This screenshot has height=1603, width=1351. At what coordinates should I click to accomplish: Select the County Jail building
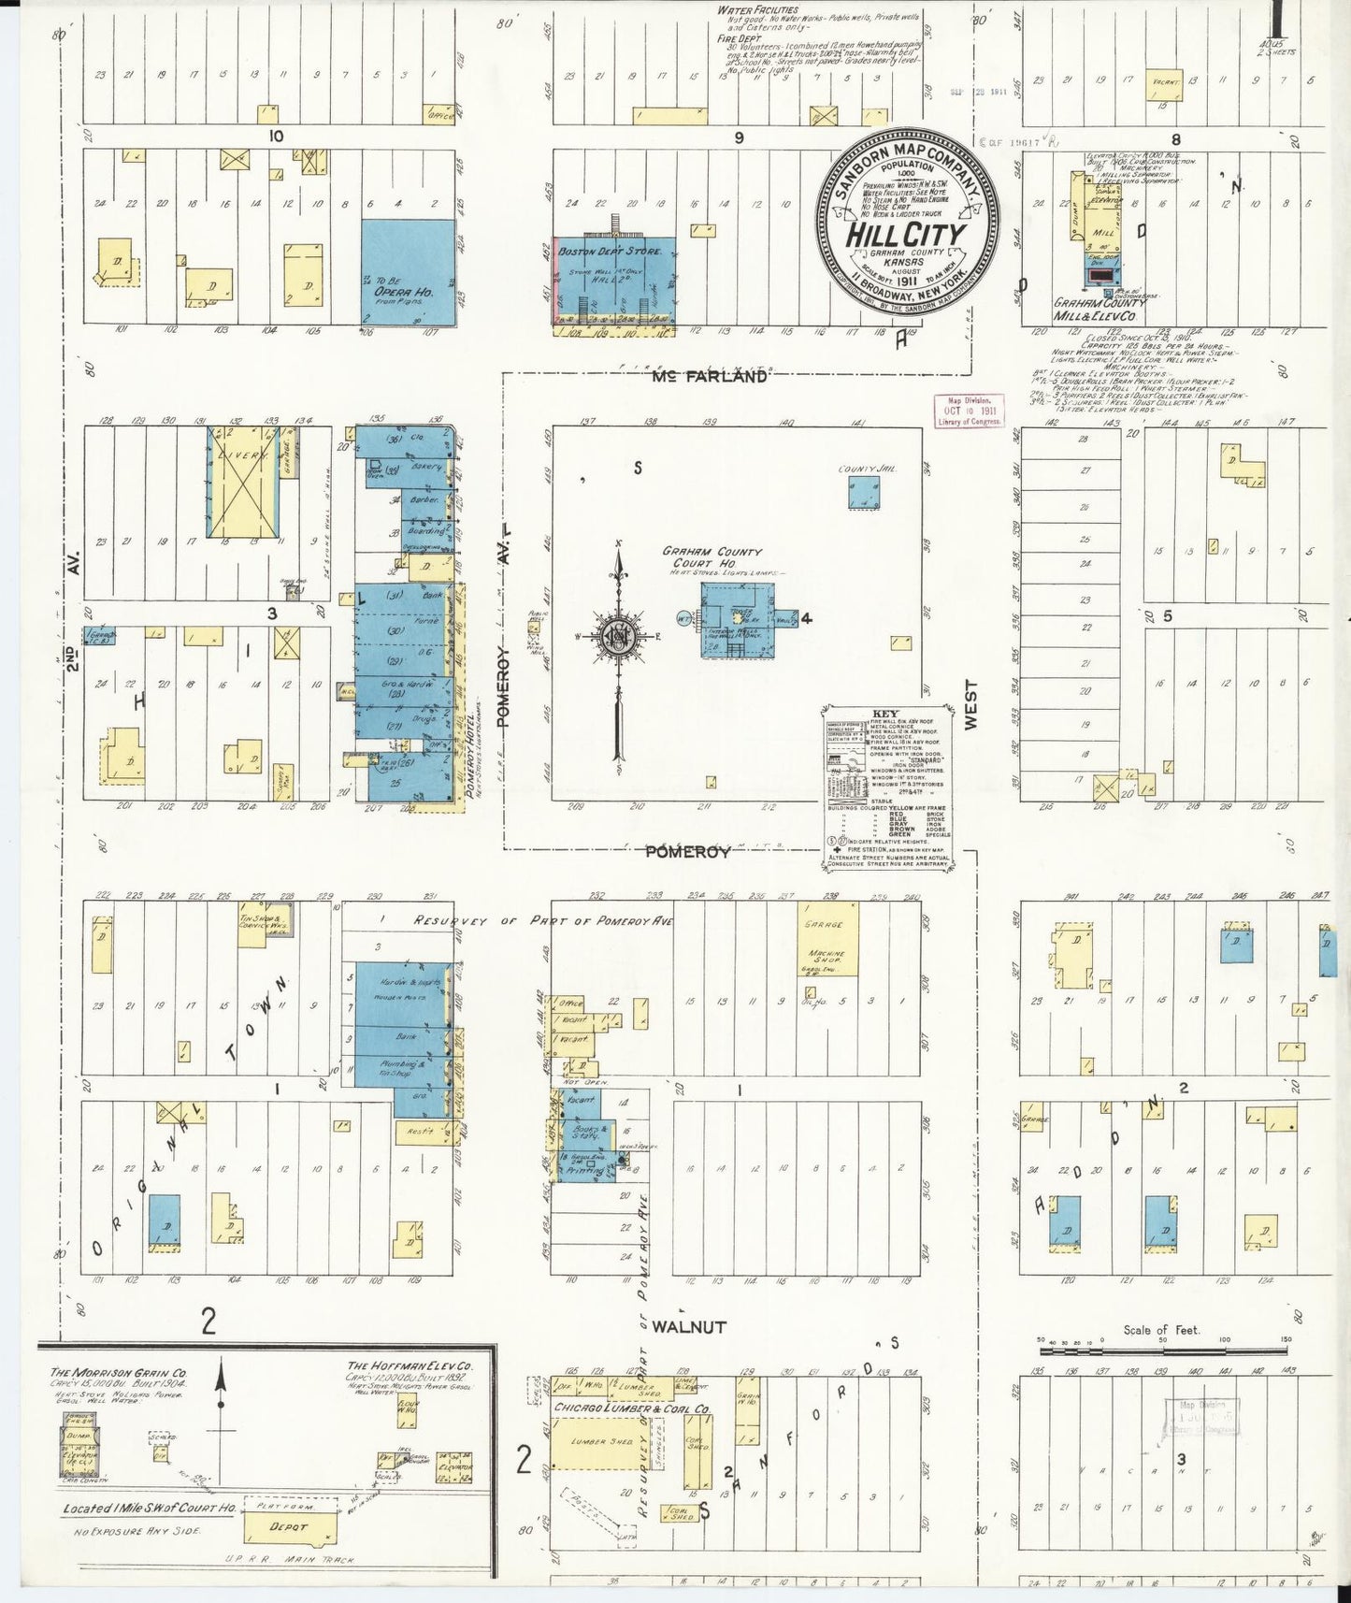(x=864, y=492)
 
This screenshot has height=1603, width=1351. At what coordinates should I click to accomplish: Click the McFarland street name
(x=709, y=377)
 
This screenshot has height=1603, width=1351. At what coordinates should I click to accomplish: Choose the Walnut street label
(x=688, y=1326)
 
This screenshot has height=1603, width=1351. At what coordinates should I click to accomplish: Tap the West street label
(x=970, y=704)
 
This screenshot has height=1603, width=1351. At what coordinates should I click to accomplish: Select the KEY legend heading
(x=884, y=714)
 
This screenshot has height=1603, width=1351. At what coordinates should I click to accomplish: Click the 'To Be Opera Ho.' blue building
(x=408, y=272)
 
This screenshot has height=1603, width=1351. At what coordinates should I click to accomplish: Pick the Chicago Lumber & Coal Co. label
(x=631, y=1408)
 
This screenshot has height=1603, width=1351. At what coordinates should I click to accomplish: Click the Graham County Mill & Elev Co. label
(x=1099, y=310)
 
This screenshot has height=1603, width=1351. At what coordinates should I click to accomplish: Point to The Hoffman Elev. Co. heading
(x=410, y=1365)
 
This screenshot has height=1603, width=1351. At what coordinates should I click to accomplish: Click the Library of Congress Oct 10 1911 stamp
(x=970, y=411)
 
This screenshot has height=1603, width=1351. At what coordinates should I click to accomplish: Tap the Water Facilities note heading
(x=757, y=10)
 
